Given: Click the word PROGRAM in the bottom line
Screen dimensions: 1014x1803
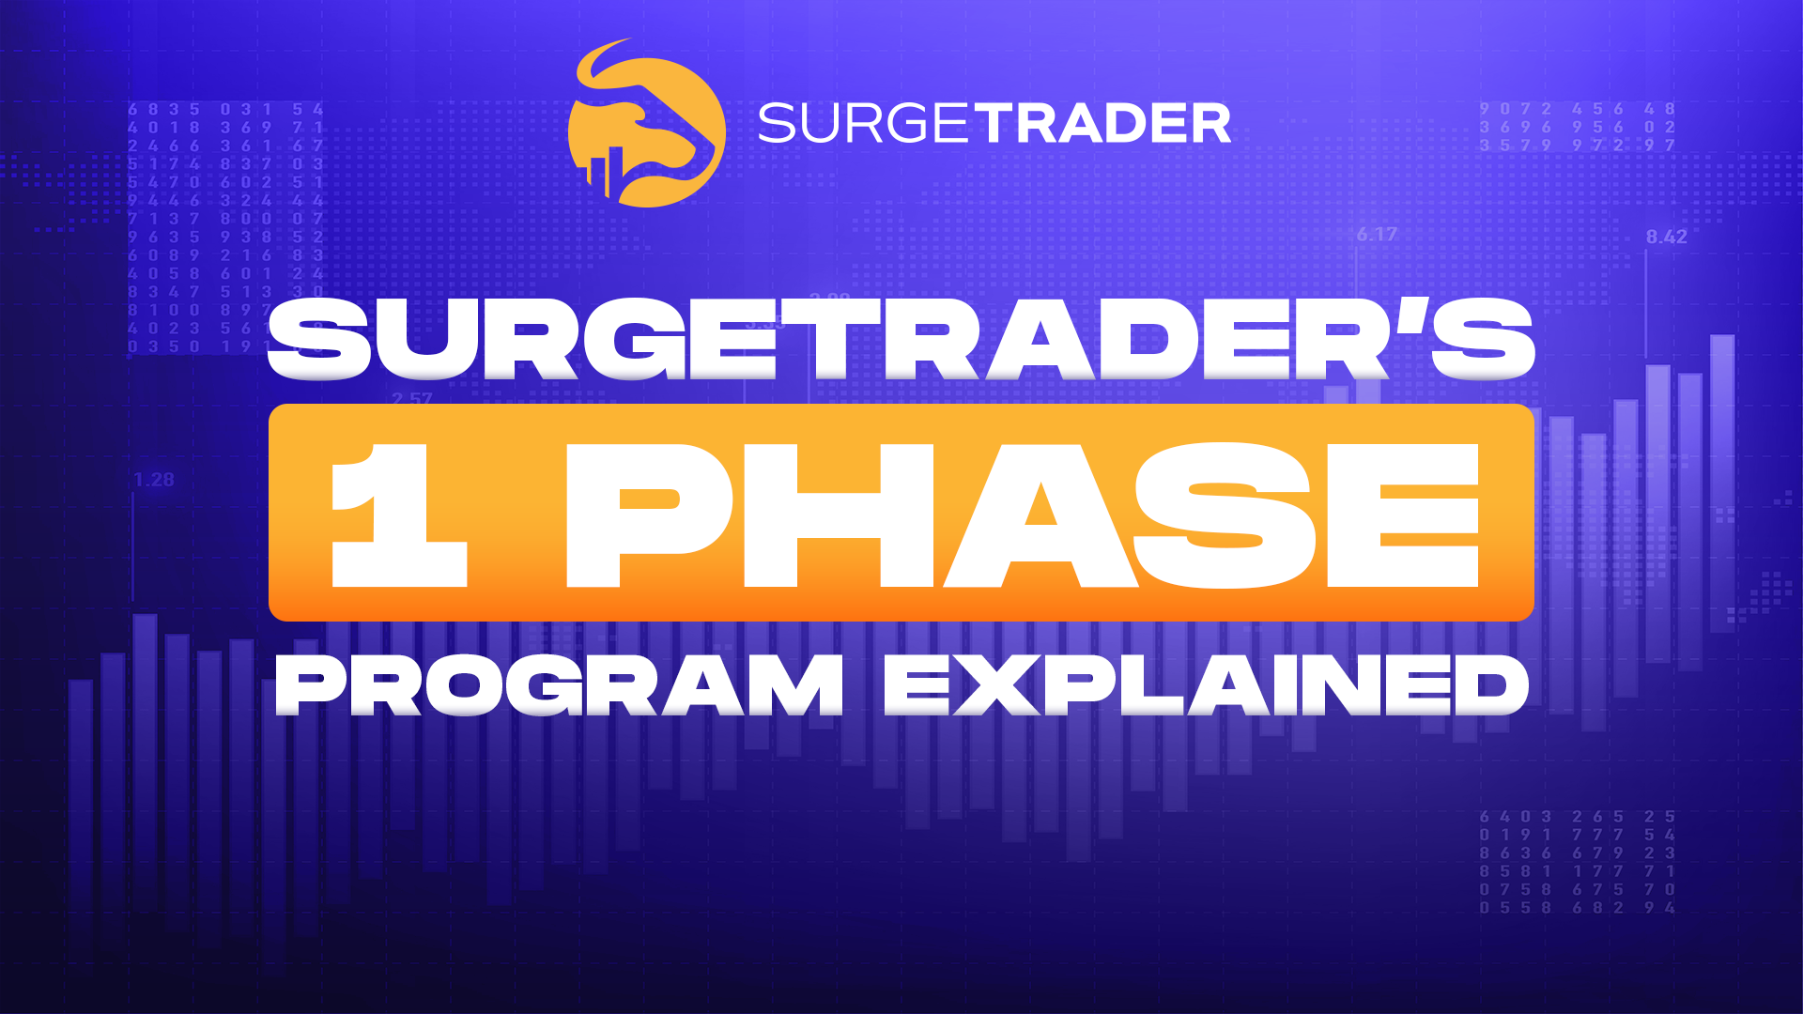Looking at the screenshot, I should (x=560, y=685).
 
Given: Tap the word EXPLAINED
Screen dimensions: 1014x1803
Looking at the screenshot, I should (x=1206, y=685).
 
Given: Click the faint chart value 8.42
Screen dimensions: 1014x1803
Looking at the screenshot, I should (x=1666, y=238).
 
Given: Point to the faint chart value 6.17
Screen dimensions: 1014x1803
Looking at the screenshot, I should (x=1377, y=235).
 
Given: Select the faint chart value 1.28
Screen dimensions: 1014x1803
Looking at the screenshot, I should (x=154, y=480).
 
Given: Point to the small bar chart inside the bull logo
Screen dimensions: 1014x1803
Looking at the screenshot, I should (x=607, y=174).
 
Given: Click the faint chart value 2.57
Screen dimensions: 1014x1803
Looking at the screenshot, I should (x=412, y=399).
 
